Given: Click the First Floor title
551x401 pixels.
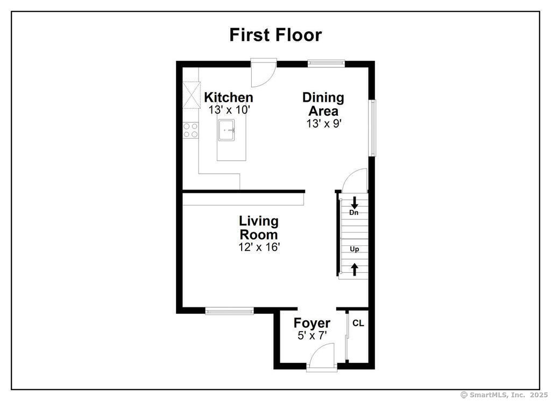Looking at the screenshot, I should click(275, 34).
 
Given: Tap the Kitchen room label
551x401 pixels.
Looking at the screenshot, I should click(228, 97).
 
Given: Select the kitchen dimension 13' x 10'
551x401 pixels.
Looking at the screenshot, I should click(230, 110).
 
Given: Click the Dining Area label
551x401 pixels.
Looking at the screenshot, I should click(323, 104).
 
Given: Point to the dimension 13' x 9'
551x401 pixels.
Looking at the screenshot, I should click(323, 123).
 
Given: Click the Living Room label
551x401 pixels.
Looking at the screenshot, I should click(259, 228).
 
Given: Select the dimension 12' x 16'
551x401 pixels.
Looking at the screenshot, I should click(259, 247).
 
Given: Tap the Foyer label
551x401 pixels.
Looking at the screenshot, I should click(312, 323).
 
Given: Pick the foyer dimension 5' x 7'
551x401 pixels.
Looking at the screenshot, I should click(312, 335).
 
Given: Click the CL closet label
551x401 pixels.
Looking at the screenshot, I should click(358, 323).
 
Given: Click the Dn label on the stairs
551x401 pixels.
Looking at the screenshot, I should click(354, 213).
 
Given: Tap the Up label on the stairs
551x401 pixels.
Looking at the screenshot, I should click(355, 249).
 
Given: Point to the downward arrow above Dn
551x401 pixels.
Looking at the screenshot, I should click(354, 203).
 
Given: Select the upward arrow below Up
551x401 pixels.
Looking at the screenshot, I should click(355, 269).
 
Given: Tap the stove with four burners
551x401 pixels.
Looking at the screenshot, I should click(190, 130).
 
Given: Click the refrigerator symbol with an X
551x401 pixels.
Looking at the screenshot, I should click(190, 94).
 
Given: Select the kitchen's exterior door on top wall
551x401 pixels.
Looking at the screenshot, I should click(264, 73).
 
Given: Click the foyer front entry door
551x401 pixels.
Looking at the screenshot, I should click(322, 358).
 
